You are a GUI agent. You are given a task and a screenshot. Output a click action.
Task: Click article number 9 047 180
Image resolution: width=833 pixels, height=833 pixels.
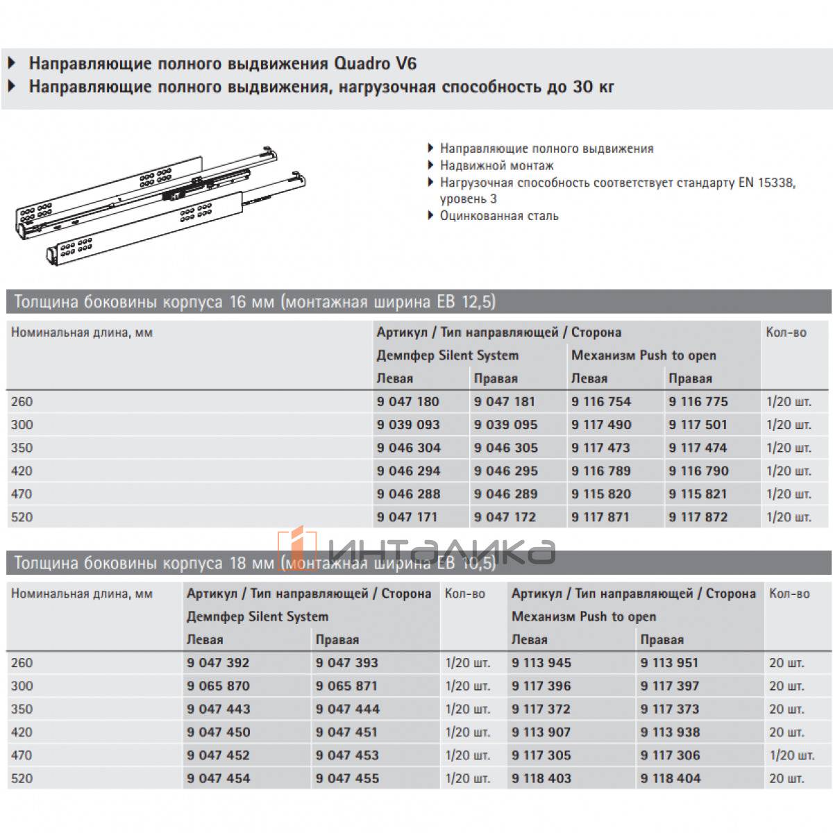point(408,402)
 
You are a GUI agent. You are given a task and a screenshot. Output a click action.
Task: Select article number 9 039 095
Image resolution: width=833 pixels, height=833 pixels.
point(505,425)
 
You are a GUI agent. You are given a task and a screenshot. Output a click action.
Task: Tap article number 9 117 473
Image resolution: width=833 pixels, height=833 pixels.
point(600,448)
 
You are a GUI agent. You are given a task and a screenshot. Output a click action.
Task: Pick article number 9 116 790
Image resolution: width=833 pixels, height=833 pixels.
point(698,471)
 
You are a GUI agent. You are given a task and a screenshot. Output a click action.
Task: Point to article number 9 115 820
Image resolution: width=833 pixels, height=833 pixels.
point(600,494)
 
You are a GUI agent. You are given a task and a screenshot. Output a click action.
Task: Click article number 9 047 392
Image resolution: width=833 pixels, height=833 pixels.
point(218,663)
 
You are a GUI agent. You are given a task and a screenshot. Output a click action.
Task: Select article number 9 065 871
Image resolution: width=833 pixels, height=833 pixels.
point(346,686)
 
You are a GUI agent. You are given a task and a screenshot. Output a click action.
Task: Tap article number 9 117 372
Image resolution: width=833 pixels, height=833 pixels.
point(541,709)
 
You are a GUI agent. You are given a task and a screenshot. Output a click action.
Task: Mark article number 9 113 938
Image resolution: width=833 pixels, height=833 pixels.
point(670,732)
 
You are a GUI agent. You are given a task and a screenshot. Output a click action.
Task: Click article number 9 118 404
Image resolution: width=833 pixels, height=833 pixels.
point(671,779)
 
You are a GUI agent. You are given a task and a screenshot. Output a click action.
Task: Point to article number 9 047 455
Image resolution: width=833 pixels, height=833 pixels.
point(347,779)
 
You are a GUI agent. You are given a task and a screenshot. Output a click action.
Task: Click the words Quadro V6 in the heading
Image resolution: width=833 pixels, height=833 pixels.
point(376,64)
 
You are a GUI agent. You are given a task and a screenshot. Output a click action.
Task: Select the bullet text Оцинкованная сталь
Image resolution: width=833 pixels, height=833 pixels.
point(498,216)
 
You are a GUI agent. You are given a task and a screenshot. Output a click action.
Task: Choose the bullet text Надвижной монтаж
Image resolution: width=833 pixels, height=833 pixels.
point(496,166)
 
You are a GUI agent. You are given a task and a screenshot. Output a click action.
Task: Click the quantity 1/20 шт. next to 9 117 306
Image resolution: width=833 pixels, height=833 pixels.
point(791,755)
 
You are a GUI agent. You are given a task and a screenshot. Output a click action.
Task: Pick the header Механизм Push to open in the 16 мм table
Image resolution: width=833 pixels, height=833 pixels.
point(643,355)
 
